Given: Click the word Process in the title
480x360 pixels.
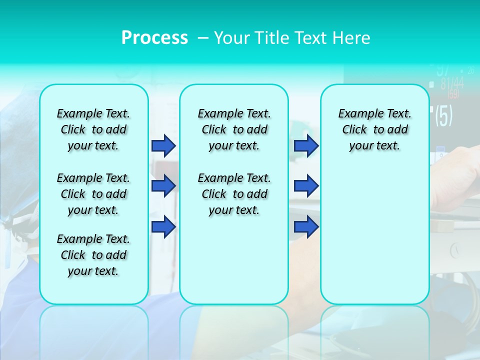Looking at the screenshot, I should [154, 37].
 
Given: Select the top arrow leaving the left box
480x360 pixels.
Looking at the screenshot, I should [163, 145].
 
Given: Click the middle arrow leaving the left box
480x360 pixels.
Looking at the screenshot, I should [163, 186].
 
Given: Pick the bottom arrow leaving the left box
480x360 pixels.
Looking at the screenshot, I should [163, 226].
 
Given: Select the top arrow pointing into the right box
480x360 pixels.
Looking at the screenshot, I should [306, 145].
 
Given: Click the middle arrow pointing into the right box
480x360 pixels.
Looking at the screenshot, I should [306, 186].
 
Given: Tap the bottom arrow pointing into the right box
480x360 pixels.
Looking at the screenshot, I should [306, 226].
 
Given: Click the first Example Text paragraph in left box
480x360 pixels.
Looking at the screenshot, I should [93, 129].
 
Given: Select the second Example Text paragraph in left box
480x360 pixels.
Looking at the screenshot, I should [93, 194].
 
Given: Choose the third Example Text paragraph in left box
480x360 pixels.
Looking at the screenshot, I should [93, 255].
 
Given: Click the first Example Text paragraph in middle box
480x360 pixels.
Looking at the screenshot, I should [234, 129].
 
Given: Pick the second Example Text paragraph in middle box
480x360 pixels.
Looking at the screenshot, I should [234, 194].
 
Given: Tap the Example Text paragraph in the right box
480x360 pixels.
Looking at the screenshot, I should [375, 129].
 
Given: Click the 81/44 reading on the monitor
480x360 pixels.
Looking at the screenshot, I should [451, 83].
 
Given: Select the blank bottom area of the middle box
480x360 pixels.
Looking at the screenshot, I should [234, 265].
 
